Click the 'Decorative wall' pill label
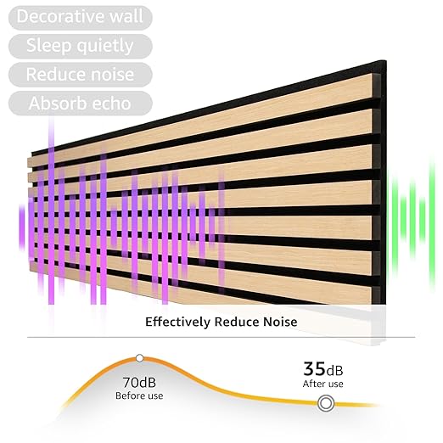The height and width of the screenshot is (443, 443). click(80, 16)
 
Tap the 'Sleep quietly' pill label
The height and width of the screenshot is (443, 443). click(80, 45)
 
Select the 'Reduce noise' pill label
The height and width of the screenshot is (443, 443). click(80, 74)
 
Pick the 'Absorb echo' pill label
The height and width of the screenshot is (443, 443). click(80, 104)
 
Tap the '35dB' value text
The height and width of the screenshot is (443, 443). click(323, 369)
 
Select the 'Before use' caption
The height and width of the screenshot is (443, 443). click(138, 395)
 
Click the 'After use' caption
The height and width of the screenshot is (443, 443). click(323, 384)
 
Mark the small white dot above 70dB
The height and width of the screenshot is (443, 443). click(139, 358)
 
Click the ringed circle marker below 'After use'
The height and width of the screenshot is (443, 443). click(324, 404)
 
